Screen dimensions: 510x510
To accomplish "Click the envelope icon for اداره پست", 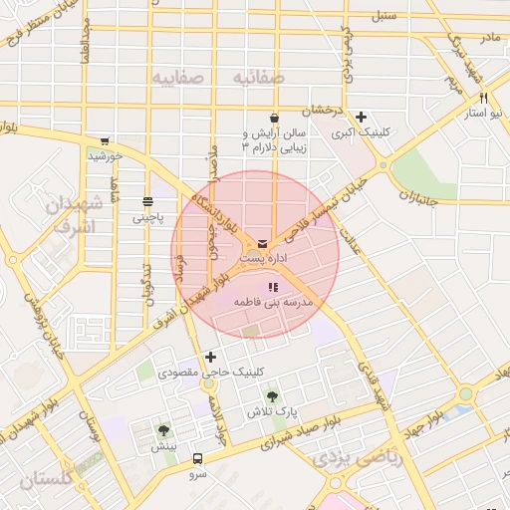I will click(x=262, y=243).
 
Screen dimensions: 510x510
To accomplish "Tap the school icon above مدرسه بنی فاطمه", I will click(x=273, y=287).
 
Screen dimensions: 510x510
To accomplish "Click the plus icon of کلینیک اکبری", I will click(x=361, y=118).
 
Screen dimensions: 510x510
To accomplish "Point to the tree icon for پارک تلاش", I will click(x=273, y=396).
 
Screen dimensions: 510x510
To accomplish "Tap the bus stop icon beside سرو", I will click(x=197, y=459).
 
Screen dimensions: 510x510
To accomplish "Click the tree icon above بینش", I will click(x=163, y=431).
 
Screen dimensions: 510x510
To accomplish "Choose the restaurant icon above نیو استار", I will click(x=483, y=99).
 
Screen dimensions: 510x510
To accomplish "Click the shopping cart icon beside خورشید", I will click(x=105, y=140).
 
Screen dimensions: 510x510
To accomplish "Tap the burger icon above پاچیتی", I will click(x=147, y=201).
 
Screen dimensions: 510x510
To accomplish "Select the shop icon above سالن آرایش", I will click(x=273, y=118).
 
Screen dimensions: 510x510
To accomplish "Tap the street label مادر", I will click(x=489, y=37).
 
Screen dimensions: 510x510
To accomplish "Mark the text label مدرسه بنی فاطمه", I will click(x=273, y=301).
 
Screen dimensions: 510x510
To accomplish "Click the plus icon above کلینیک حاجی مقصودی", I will click(x=209, y=357).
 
